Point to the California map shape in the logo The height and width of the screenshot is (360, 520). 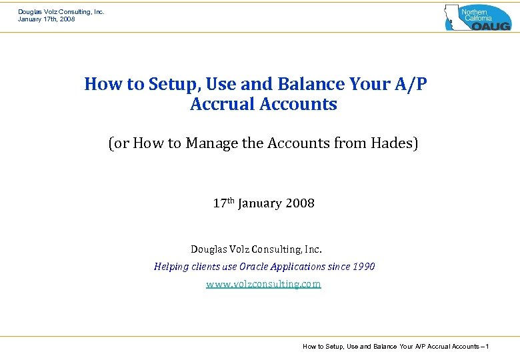point(453,17)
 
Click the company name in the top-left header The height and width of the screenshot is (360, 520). point(61,11)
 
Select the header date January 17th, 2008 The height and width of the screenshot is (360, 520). point(46,19)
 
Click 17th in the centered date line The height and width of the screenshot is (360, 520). point(223,203)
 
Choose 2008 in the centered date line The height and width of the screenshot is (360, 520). point(300,204)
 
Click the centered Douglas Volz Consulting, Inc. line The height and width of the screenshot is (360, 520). point(256,249)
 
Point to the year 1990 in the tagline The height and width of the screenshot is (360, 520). point(364,267)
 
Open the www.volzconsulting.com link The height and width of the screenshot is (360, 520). point(263,284)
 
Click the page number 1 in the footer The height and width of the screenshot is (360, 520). point(488,346)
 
